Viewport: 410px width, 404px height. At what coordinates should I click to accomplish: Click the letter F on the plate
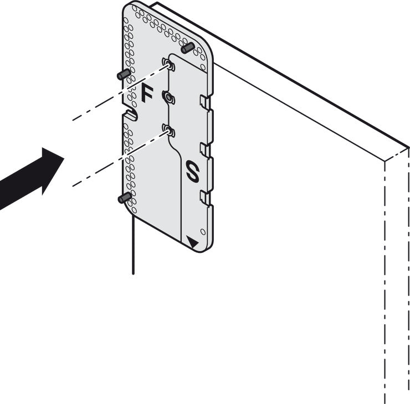pos(147,93)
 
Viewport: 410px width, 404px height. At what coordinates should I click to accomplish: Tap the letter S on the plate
pos(193,171)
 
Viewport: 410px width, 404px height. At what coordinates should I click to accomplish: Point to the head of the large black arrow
pos(52,170)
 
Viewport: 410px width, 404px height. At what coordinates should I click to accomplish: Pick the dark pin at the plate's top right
pos(187,48)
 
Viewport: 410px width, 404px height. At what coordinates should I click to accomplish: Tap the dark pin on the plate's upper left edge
pos(124,74)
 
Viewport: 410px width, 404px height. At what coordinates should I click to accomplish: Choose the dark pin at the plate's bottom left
pos(125,198)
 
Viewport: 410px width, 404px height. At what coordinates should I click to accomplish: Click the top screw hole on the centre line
pos(168,64)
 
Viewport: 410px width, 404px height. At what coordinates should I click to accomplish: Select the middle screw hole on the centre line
pos(168,97)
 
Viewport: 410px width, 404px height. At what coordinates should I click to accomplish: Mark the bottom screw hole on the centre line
pos(168,131)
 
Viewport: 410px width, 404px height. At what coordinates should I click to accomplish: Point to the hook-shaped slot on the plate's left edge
pos(131,114)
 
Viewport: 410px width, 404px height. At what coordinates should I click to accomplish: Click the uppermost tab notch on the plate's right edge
pos(206,102)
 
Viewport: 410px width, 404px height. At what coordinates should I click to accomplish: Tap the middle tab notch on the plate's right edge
pos(206,150)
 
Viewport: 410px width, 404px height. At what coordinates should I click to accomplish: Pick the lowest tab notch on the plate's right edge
pos(206,198)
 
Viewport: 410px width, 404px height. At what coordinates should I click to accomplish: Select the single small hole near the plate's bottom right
pos(203,232)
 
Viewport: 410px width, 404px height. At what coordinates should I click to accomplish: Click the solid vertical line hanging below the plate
pos(134,245)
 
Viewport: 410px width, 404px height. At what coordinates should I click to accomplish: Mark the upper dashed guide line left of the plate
pos(120,92)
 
